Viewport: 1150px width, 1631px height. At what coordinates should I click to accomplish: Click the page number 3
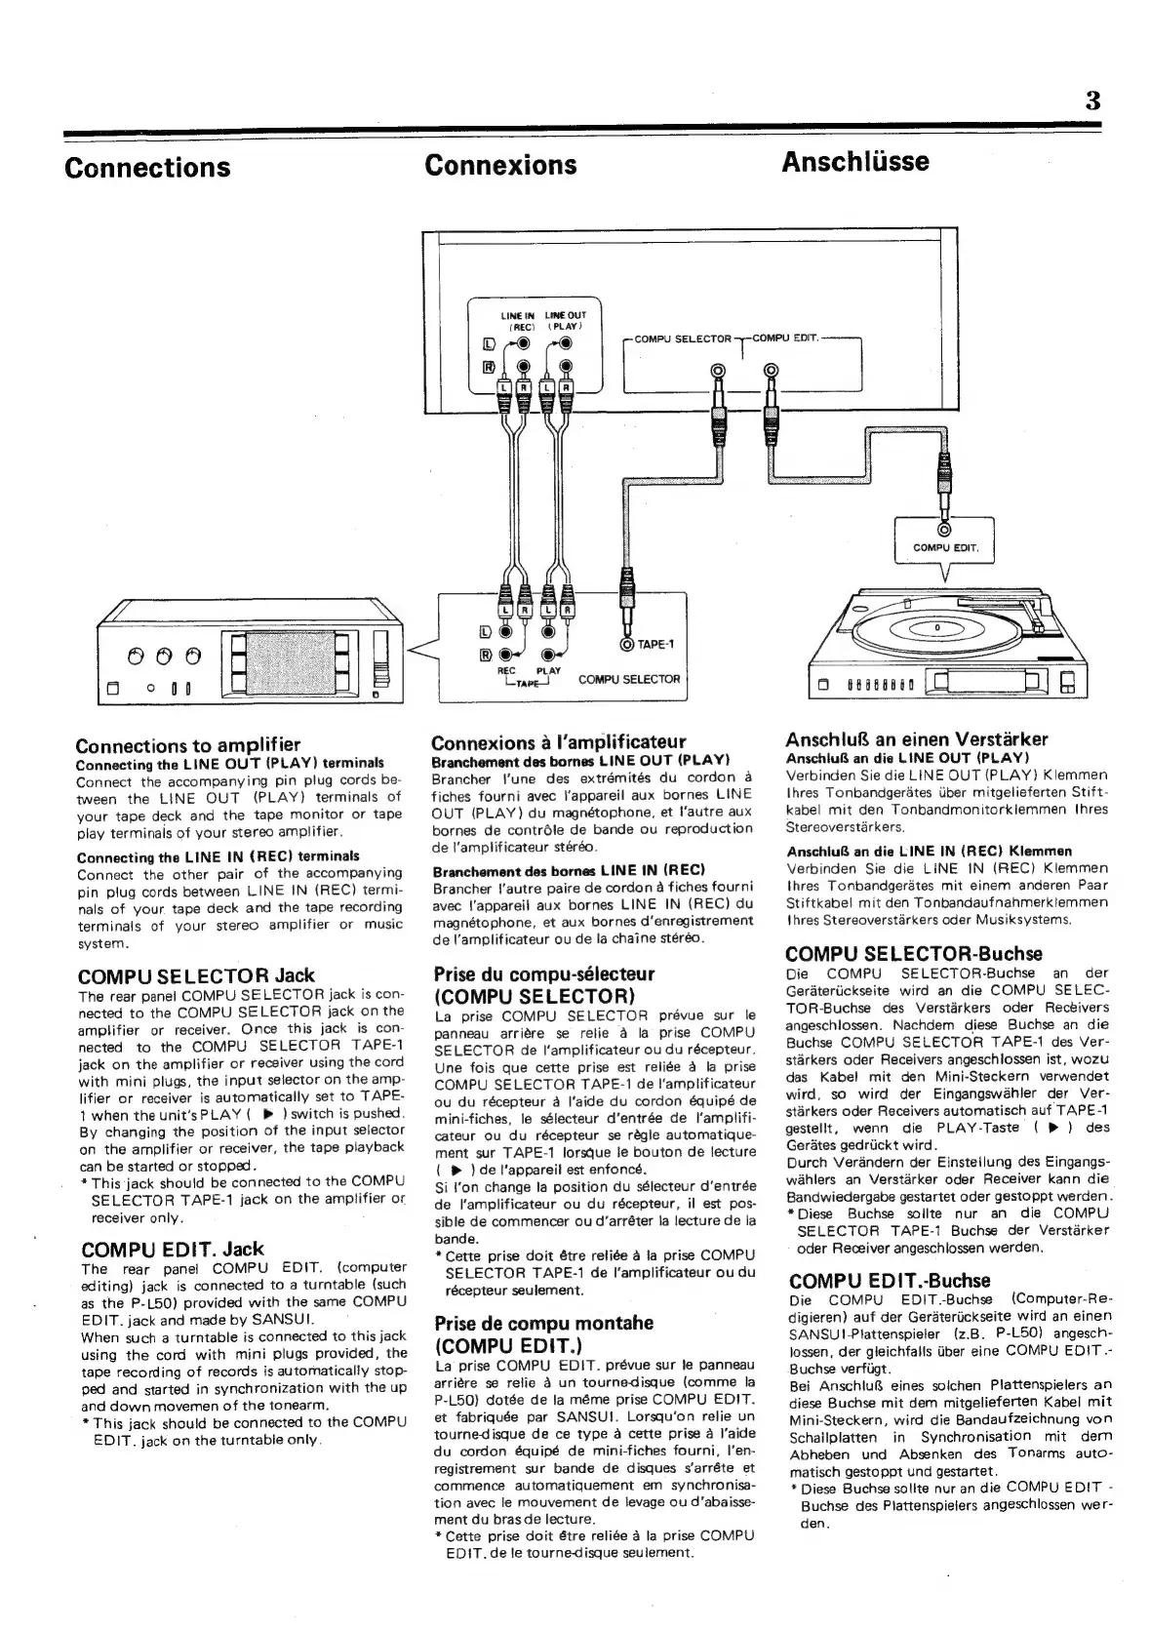click(1091, 100)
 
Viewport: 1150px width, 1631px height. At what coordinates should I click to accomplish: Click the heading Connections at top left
click(147, 167)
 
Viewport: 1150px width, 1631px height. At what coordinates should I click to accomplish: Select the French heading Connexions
click(500, 164)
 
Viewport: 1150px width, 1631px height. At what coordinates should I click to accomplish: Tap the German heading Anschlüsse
click(854, 161)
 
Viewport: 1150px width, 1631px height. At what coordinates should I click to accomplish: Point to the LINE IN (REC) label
click(518, 320)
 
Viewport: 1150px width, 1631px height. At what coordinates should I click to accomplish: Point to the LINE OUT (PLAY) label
click(564, 320)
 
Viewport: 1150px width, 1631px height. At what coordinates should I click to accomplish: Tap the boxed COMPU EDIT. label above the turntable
click(944, 547)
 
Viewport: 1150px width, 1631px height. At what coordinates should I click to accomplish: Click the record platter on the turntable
click(936, 629)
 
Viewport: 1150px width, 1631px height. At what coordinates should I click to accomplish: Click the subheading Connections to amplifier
click(188, 745)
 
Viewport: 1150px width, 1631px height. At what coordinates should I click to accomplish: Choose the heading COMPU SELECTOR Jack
click(196, 975)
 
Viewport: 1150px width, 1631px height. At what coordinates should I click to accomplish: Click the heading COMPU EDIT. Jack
click(172, 1249)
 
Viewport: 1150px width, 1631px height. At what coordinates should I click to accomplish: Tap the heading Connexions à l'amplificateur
click(558, 741)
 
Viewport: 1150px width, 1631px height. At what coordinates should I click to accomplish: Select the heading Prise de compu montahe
click(543, 1323)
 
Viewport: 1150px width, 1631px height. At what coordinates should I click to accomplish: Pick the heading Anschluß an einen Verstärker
click(918, 738)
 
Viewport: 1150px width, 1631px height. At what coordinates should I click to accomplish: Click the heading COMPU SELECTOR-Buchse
click(914, 954)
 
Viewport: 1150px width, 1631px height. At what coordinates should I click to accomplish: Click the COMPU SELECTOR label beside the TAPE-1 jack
click(628, 679)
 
